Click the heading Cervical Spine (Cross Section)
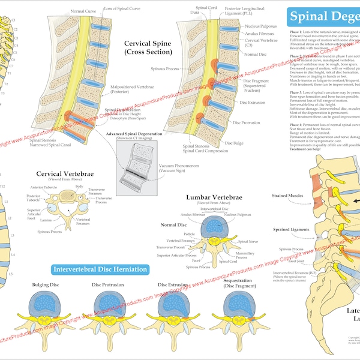(x=147, y=48)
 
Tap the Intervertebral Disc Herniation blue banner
(x=100, y=269)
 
